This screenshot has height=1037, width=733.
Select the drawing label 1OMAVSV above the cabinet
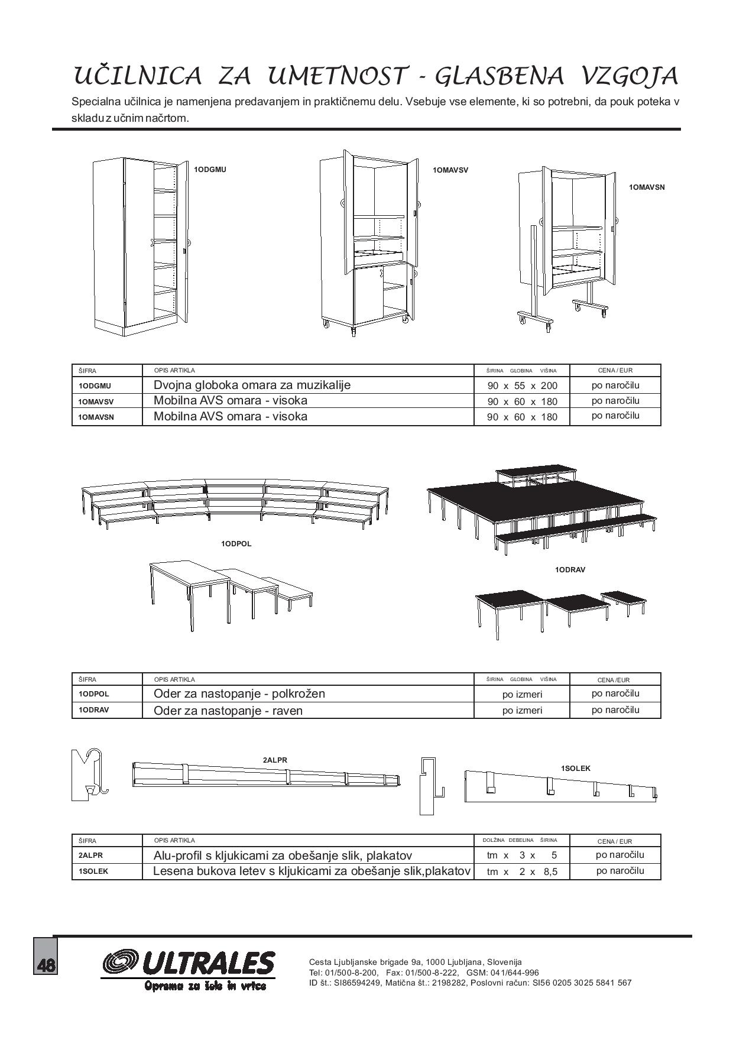450,170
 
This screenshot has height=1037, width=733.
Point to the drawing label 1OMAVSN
647,187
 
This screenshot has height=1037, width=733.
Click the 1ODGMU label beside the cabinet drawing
210,170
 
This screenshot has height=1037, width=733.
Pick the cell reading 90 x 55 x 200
523,385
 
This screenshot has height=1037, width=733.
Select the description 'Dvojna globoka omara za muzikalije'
252,385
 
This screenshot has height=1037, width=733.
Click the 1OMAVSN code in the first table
96,417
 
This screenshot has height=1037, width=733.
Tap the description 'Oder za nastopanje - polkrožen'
239,694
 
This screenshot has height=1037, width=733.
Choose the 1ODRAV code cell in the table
94,710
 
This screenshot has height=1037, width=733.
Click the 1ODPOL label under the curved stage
236,543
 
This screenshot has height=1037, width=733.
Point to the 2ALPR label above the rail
275,760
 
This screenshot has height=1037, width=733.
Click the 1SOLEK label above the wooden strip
575,769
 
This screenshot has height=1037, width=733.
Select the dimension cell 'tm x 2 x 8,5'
523,871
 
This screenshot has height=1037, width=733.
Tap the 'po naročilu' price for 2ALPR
620,855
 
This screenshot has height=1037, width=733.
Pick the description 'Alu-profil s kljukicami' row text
283,855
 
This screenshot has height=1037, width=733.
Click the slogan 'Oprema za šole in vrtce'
205,986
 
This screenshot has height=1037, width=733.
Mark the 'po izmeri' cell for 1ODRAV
522,710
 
